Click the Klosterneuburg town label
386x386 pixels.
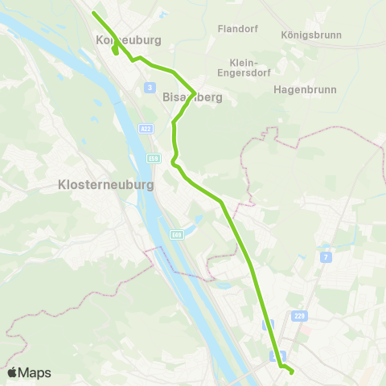pyautogui.click(x=105, y=184)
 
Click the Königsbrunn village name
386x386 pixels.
pyautogui.click(x=311, y=35)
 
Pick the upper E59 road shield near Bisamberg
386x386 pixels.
pyautogui.click(x=152, y=158)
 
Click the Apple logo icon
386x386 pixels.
pyautogui.click(x=12, y=372)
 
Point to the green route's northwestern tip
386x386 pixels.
pyautogui.click(x=94, y=13)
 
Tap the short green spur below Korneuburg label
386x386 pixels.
pyautogui.click(x=116, y=51)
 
